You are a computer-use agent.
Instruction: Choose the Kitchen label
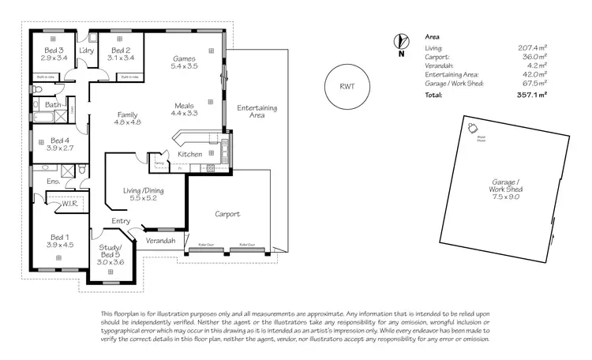(189, 154)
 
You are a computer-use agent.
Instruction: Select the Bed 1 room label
(61, 240)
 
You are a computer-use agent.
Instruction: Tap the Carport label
(227, 214)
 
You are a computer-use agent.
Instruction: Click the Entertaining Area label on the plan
(251, 111)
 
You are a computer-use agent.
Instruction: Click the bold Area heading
(433, 36)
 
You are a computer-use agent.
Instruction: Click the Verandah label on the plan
(159, 240)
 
